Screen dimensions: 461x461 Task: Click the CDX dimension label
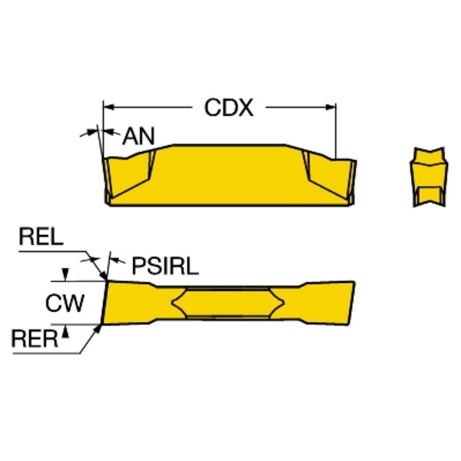point(228,108)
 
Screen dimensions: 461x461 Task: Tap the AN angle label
point(138,137)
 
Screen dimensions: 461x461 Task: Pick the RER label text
point(35,338)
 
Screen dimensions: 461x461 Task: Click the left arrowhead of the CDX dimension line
point(108,106)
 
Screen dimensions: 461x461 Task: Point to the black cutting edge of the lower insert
point(104,303)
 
